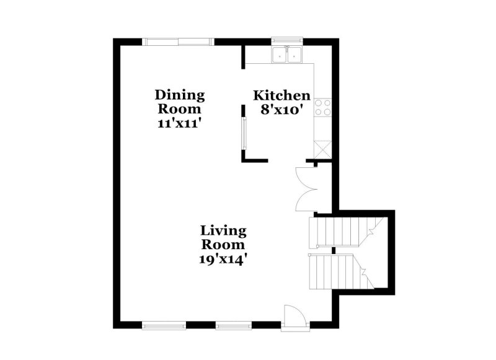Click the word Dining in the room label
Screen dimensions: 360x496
click(x=179, y=95)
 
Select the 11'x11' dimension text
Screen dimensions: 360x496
click(x=179, y=123)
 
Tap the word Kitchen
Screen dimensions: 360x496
click(x=281, y=95)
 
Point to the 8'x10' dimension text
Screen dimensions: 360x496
click(x=281, y=110)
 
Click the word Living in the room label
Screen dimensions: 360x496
click(x=223, y=230)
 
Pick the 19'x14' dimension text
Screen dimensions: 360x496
click(x=223, y=258)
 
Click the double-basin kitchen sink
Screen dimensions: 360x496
click(x=286, y=56)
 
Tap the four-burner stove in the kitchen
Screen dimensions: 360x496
click(x=322, y=108)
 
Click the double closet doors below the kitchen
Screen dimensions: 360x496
click(x=307, y=189)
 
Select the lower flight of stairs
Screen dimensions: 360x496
click(x=338, y=271)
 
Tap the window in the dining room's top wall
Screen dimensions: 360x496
click(x=179, y=42)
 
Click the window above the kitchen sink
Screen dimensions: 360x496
click(x=286, y=42)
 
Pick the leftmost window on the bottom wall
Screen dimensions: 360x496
click(x=164, y=324)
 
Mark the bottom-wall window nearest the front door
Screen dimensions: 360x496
click(x=234, y=324)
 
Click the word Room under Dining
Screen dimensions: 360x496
click(x=179, y=108)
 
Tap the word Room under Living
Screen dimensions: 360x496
click(x=223, y=244)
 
